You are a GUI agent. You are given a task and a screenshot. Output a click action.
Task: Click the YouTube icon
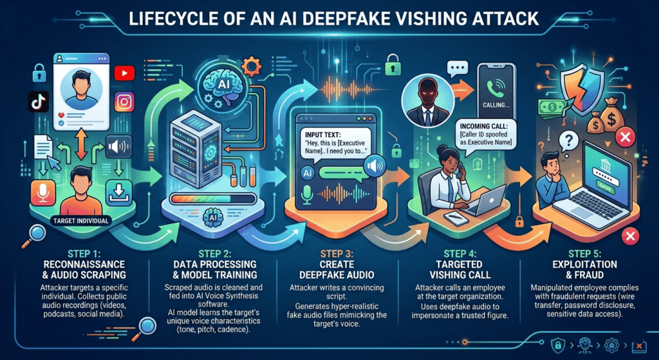pos(122,73)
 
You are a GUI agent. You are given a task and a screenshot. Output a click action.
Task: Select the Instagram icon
pos(124,102)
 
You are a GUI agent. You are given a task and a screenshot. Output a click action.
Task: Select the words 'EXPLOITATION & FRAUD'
pos(585,270)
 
